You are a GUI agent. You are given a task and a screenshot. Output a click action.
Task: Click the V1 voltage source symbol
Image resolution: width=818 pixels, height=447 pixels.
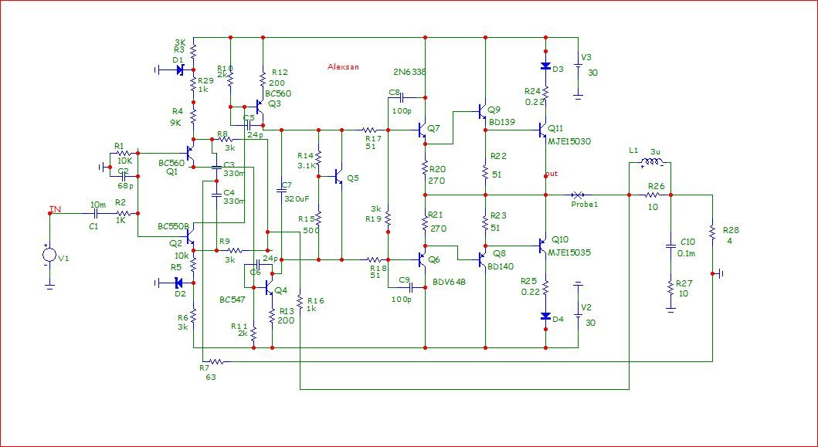[x=49, y=256]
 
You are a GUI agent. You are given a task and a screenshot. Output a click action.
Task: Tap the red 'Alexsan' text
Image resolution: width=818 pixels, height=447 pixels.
[x=344, y=67]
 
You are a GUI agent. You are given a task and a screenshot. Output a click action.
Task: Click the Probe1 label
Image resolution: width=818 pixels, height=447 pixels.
[x=585, y=205]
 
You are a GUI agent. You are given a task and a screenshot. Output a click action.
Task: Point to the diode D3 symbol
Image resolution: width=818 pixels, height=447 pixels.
[x=545, y=67]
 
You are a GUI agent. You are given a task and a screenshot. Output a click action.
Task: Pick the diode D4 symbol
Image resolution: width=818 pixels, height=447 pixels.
[x=545, y=317]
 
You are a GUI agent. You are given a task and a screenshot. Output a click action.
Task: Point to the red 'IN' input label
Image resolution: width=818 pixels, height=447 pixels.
[x=55, y=208]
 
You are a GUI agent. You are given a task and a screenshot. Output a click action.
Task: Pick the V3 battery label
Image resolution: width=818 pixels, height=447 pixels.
[x=586, y=57]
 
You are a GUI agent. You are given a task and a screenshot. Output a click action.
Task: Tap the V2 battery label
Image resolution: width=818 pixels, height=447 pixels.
[x=586, y=307]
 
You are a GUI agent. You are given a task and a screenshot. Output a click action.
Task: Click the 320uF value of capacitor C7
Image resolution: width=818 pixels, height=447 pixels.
[x=297, y=198]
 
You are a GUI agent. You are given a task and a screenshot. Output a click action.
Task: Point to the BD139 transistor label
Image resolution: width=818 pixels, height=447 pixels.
[x=501, y=121]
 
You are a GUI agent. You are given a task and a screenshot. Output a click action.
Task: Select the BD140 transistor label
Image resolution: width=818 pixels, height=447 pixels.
[x=501, y=266]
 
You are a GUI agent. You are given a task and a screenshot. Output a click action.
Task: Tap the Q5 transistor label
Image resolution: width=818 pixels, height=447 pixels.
[x=353, y=178]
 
